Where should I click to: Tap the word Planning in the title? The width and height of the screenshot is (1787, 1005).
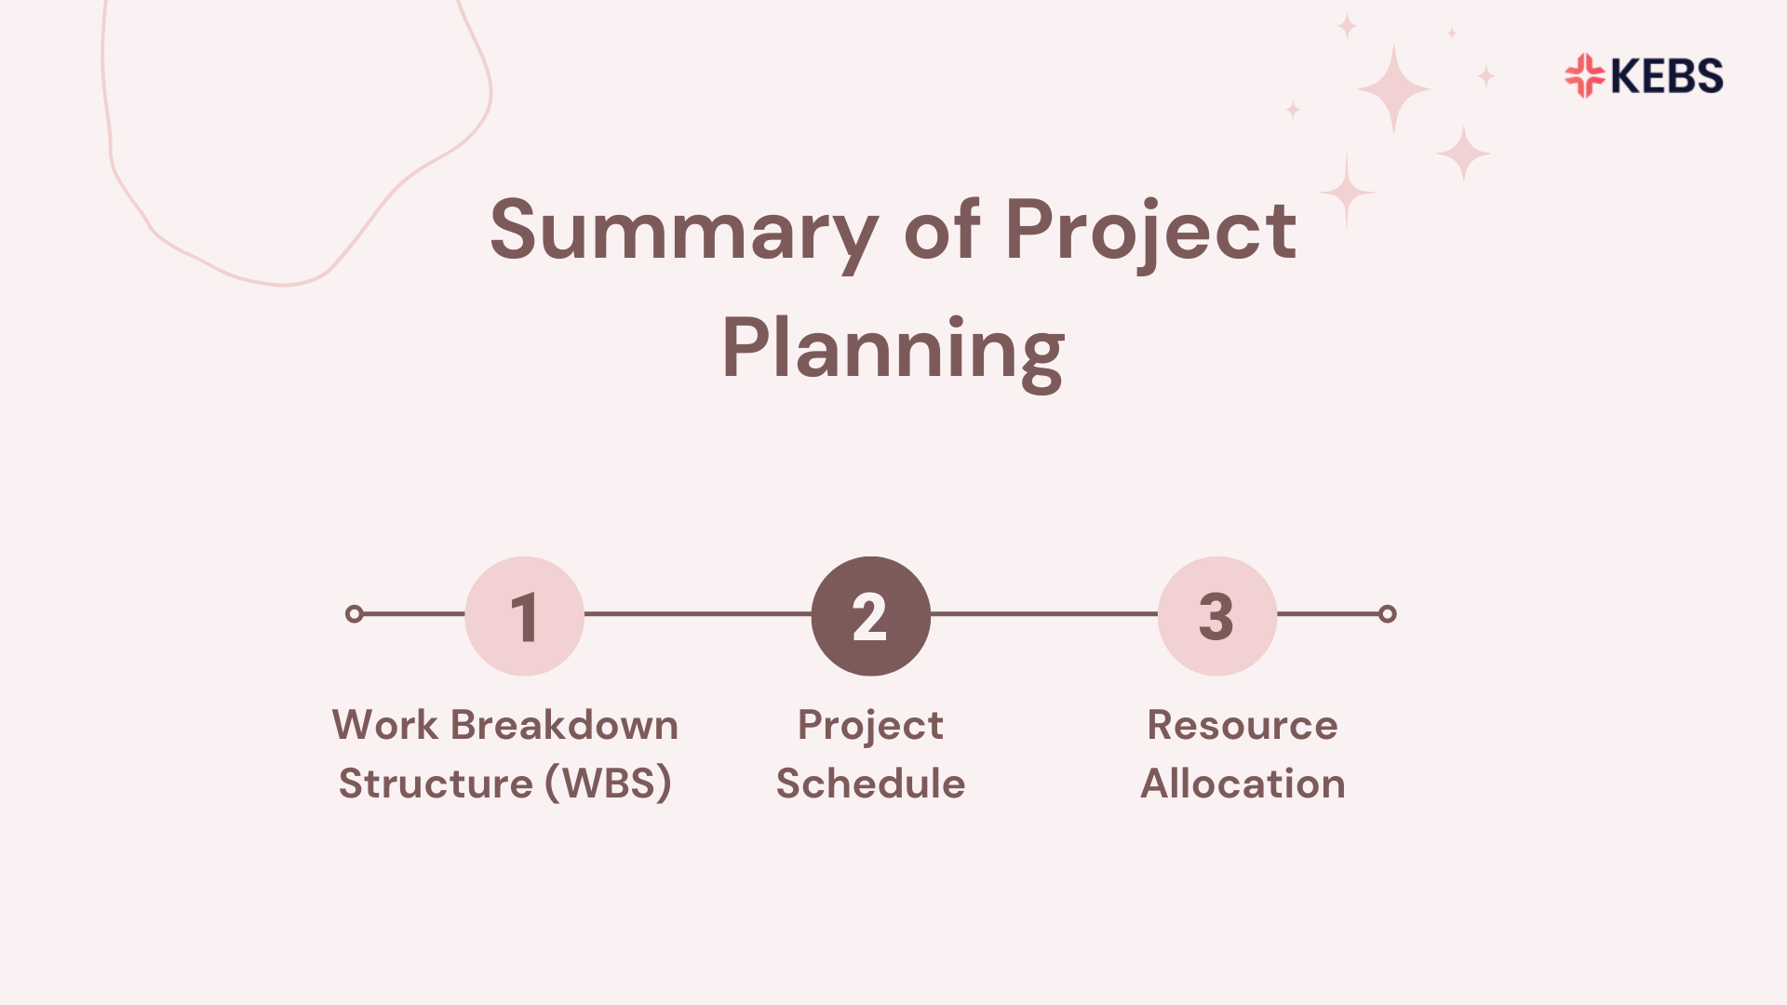click(893, 350)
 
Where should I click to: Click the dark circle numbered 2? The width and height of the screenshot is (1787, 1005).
click(870, 616)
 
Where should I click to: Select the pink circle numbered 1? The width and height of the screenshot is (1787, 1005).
click(524, 616)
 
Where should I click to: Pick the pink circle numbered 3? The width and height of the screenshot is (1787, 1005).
click(1216, 616)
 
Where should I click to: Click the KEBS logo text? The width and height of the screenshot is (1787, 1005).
click(1666, 76)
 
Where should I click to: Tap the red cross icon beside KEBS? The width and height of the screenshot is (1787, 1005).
click(1584, 76)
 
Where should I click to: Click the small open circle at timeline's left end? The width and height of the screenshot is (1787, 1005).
click(354, 614)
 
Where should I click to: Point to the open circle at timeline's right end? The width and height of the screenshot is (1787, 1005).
click(1387, 614)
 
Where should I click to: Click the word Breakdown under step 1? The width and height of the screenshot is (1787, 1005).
click(564, 725)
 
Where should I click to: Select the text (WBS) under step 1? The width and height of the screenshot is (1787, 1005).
click(609, 784)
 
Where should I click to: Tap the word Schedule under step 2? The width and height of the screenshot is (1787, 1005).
click(870, 784)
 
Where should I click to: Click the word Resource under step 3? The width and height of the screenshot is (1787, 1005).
click(1243, 725)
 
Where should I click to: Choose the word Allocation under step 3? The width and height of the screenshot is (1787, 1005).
click(1243, 784)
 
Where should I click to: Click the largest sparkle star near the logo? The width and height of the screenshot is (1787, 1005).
click(1393, 88)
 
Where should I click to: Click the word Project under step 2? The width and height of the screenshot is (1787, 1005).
click(870, 725)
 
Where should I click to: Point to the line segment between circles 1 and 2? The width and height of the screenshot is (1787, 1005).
click(698, 614)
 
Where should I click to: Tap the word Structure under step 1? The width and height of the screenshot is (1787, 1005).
click(435, 784)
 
